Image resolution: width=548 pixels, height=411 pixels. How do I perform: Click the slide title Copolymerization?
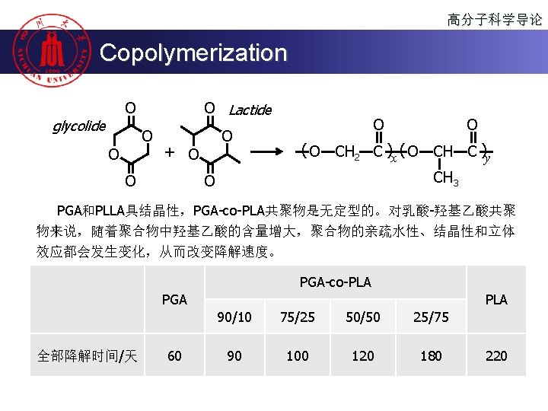193,53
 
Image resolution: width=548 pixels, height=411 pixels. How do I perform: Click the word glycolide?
78,126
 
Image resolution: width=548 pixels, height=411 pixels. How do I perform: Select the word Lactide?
250,110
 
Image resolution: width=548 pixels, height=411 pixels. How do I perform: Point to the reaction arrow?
269,152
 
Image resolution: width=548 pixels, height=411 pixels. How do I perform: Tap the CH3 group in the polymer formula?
445,180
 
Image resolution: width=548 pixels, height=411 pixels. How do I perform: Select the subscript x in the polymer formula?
393,158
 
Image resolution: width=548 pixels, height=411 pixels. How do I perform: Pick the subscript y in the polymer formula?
487,158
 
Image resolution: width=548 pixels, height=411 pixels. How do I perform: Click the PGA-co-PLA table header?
335,282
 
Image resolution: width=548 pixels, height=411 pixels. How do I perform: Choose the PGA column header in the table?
174,300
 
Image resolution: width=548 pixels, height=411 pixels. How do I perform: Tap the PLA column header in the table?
496,300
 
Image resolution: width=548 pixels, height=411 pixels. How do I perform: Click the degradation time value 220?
496,355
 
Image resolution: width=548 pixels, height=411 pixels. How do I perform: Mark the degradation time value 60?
174,355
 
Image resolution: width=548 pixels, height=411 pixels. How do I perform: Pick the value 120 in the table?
363,355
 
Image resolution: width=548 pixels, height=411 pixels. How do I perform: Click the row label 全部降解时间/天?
88,355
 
